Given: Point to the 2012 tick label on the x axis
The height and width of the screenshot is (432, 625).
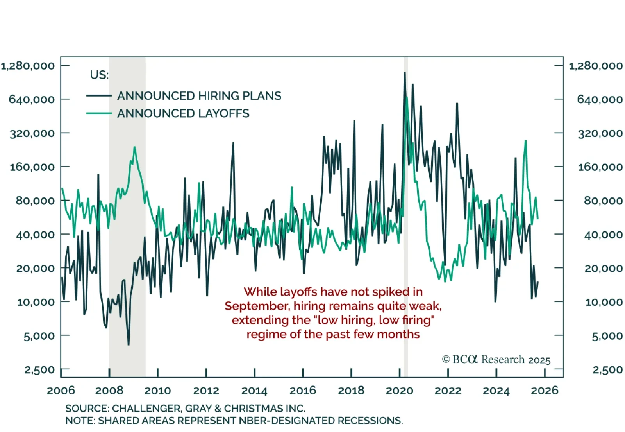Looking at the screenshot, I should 206,391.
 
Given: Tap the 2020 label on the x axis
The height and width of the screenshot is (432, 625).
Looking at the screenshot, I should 399,391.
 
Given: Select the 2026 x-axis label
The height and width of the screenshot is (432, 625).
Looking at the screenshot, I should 545,391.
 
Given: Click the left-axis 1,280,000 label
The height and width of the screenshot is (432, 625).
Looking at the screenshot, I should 28,66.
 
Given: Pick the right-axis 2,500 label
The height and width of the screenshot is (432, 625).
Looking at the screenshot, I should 607,370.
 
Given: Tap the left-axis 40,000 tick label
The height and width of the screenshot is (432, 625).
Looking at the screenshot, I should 35,235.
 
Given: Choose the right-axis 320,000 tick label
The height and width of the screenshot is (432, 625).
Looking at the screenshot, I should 600,133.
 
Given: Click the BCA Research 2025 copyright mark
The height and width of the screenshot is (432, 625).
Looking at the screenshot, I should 496,360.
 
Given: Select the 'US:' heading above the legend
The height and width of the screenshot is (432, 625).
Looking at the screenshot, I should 99,75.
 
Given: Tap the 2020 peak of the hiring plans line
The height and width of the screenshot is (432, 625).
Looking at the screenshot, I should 405,73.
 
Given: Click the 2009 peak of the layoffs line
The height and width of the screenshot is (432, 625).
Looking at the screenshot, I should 134,147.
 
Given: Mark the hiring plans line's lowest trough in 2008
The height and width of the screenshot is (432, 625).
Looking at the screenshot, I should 129,345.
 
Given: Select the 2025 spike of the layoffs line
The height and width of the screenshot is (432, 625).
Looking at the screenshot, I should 525,141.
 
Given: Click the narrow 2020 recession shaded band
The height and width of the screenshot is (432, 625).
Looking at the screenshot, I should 405,195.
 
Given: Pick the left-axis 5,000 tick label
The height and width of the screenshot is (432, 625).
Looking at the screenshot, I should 39,336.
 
